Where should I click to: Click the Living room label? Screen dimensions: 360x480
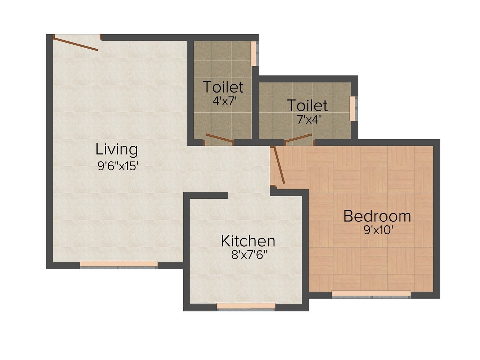pos(116,149)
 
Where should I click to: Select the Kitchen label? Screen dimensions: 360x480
pos(248,241)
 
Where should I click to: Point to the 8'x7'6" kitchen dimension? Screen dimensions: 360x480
pos(250,255)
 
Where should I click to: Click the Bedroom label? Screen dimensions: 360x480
pos(377,216)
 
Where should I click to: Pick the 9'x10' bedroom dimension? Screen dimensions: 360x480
pos(378,230)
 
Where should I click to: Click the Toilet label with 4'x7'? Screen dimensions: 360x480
pos(223,87)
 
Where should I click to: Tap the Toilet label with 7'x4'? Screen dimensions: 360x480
pos(307,105)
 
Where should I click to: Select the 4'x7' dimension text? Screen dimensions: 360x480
pos(224,100)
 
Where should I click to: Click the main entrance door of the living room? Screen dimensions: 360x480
pos(76,43)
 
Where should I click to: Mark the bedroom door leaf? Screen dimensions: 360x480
pos(279,165)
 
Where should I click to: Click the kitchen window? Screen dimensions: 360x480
pos(246,307)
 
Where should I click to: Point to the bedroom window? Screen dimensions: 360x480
pos(371,294)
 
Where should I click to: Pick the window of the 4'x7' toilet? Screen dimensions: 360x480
pos(254,54)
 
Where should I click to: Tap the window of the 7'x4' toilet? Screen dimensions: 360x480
pos(353,108)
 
